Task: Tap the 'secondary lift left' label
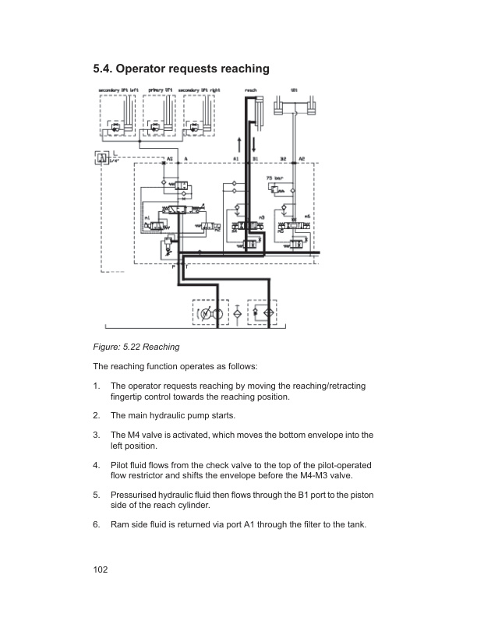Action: click(x=118, y=90)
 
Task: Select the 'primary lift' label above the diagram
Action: click(x=158, y=90)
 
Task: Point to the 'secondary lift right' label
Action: click(x=200, y=90)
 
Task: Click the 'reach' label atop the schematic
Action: click(x=251, y=90)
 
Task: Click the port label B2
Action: click(x=283, y=158)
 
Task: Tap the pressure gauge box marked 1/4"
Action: click(x=101, y=158)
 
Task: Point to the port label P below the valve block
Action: click(x=175, y=266)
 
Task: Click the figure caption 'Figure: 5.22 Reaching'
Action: click(x=136, y=347)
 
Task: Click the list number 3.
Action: click(x=95, y=435)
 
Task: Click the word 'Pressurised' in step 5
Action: click(x=136, y=495)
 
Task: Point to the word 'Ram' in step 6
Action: click(x=121, y=524)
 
